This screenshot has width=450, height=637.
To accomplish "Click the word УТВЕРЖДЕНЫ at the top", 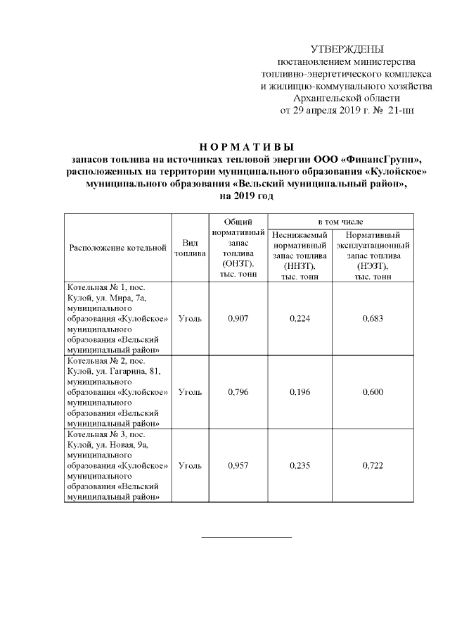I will (x=347, y=49).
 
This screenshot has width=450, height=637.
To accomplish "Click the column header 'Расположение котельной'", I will (x=117, y=248).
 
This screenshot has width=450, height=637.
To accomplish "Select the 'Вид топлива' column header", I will (x=189, y=248).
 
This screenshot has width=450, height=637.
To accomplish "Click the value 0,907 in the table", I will (x=238, y=319).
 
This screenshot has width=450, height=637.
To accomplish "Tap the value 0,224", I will (x=300, y=319).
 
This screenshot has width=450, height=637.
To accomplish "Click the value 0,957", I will (x=238, y=465).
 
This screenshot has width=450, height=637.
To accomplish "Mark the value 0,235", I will (x=300, y=465).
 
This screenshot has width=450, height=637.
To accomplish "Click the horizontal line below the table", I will (x=246, y=537).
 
